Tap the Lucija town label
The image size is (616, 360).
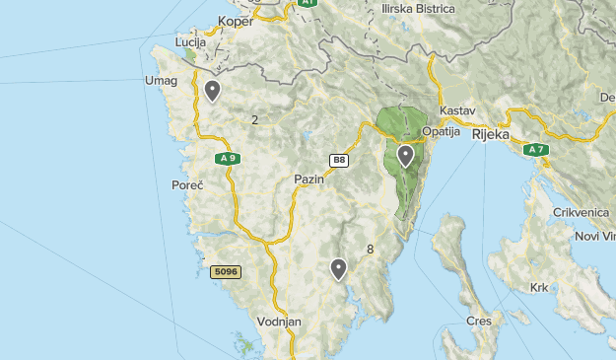190,43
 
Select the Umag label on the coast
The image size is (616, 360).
161,81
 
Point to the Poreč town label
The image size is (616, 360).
187,185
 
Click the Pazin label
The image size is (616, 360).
308,180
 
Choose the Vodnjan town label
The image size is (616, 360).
278,323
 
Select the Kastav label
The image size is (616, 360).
458,109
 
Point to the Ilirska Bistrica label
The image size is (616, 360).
419,9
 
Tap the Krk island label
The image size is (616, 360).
539,288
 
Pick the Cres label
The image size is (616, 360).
479,322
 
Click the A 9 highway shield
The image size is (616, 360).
228,158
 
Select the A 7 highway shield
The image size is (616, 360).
535,150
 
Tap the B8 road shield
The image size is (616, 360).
339,160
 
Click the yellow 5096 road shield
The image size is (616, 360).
225,271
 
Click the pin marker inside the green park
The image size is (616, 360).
405,156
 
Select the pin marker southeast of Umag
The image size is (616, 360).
212,92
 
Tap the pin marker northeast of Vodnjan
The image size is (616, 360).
338,267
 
